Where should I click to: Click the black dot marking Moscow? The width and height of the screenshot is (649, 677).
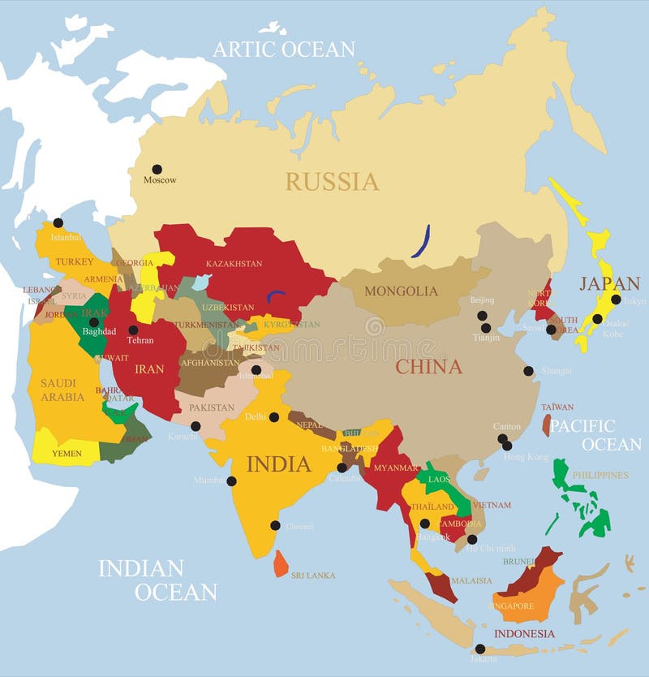pyautogui.click(x=157, y=170)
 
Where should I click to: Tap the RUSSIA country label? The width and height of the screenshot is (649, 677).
pyautogui.click(x=332, y=182)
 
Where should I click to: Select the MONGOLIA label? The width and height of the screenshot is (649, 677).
pyautogui.click(x=401, y=291)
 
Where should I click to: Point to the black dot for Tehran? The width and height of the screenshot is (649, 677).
pyautogui.click(x=133, y=330)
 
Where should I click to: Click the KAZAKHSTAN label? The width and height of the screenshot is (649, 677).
pyautogui.click(x=234, y=264)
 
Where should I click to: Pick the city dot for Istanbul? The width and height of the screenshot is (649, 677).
pyautogui.click(x=58, y=223)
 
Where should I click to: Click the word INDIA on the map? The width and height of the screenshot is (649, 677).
pyautogui.click(x=278, y=464)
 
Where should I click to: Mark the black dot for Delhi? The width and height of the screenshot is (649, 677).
pyautogui.click(x=274, y=417)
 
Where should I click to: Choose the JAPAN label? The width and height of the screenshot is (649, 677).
pyautogui.click(x=609, y=284)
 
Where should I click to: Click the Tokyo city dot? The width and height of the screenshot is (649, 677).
pyautogui.click(x=616, y=300)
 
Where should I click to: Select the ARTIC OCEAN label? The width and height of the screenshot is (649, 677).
pyautogui.click(x=283, y=50)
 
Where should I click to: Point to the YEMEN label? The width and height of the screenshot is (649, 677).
pyautogui.click(x=67, y=454)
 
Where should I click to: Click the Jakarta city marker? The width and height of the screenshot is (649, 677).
pyautogui.click(x=480, y=649)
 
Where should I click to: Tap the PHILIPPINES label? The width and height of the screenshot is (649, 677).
pyautogui.click(x=600, y=475)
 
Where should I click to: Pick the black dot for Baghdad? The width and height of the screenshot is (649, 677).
pyautogui.click(x=94, y=322)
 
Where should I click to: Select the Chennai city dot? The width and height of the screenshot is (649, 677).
pyautogui.click(x=275, y=525)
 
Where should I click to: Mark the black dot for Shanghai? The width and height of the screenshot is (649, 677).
pyautogui.click(x=528, y=371)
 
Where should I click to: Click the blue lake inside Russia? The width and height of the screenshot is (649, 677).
pyautogui.click(x=420, y=242)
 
